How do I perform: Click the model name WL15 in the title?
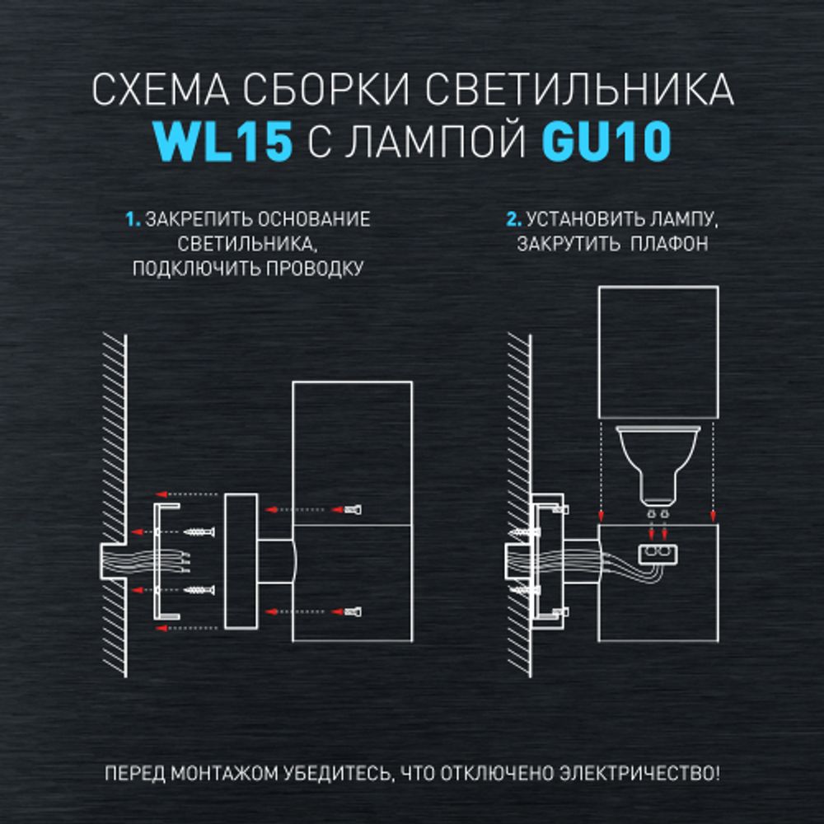[223, 143]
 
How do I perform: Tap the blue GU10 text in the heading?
[606, 143]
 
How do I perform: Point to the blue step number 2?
[513, 220]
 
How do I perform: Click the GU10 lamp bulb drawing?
[658, 466]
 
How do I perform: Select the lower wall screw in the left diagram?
[200, 590]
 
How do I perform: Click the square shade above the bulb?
[658, 352]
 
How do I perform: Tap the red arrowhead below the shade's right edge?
[713, 516]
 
